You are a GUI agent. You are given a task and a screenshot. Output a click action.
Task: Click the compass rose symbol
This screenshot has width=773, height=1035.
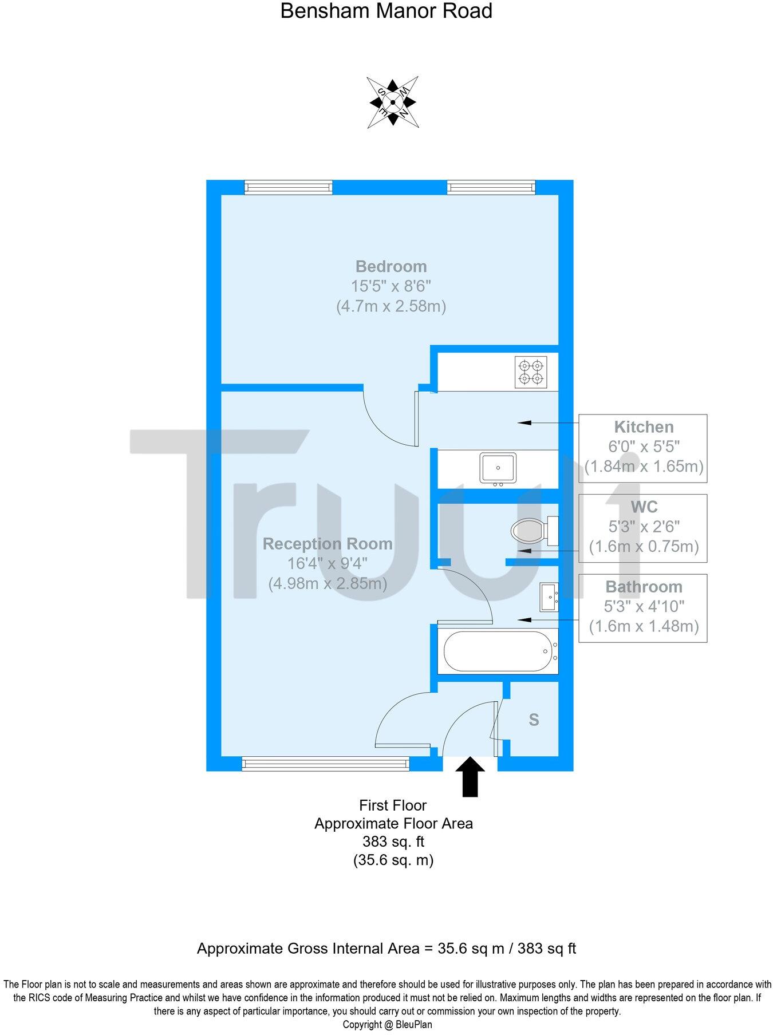point(392,102)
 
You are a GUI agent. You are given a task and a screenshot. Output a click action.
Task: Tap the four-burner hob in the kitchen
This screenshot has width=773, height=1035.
point(530,372)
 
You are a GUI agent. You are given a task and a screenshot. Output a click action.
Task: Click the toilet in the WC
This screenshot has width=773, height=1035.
point(530,531)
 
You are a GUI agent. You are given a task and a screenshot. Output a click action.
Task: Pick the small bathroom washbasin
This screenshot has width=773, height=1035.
point(549,597)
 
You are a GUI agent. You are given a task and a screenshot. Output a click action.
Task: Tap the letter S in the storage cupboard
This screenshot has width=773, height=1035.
point(534,720)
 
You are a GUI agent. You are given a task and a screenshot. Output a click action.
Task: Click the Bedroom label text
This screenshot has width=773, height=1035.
point(391,266)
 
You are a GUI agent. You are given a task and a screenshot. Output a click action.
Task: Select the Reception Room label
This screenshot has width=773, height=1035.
point(328,544)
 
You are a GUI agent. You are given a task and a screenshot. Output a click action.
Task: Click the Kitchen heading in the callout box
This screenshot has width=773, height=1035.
point(644,427)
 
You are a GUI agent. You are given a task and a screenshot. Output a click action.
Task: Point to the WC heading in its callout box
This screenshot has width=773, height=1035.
point(644,507)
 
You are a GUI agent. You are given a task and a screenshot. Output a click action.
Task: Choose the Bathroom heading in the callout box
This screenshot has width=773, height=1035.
point(644,587)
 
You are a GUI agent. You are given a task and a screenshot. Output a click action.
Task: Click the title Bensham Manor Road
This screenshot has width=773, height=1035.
point(386,11)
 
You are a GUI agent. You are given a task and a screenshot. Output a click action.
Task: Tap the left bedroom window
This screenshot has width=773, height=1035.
point(288,187)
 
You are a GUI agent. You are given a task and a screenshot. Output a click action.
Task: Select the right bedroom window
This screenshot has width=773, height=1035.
point(491,187)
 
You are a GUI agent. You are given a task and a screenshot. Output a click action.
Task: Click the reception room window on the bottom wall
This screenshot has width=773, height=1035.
point(325,763)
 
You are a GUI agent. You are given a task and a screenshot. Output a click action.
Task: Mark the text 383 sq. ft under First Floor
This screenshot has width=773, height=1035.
point(393,842)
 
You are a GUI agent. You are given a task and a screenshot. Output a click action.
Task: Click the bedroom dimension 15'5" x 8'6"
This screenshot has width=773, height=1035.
point(391,286)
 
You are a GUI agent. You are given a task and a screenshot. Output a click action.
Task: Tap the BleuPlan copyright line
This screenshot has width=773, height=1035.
point(387,1025)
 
